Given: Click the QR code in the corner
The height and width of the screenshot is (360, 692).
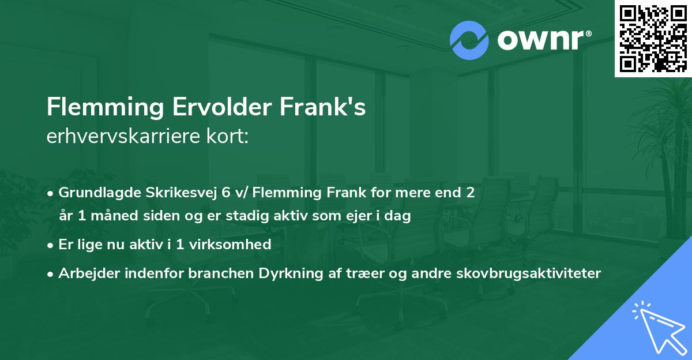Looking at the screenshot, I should [x=653, y=38].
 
